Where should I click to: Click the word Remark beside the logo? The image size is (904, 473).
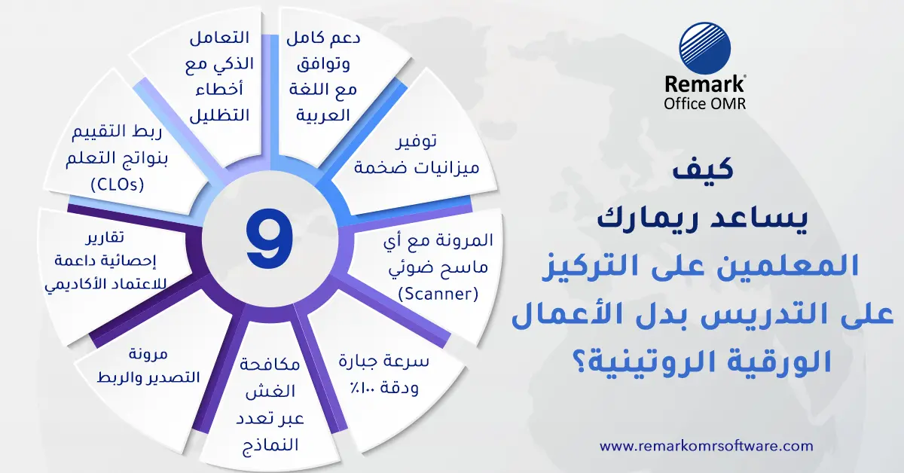click(x=704, y=85)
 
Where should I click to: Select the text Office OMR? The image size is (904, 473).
click(x=704, y=102)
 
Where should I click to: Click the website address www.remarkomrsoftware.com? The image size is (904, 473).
click(x=706, y=445)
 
